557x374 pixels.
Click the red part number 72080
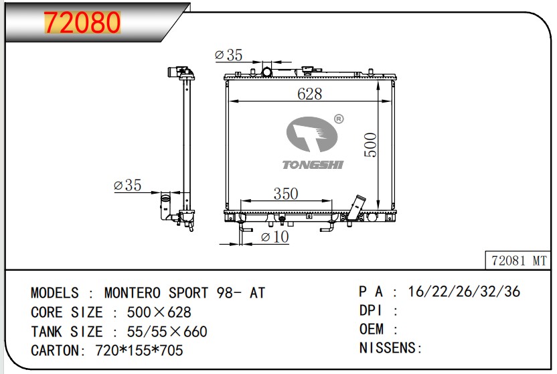coord(82,22)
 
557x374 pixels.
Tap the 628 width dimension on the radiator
coord(310,94)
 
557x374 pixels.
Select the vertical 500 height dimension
coord(370,145)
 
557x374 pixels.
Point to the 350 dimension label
coord(286,194)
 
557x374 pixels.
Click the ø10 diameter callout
coord(274,237)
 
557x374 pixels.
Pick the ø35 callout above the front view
coord(228,55)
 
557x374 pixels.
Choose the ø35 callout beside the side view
coord(127,185)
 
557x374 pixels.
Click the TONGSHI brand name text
coord(313,165)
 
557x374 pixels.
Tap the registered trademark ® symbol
coord(339,119)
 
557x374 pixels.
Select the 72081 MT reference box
coord(518,261)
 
